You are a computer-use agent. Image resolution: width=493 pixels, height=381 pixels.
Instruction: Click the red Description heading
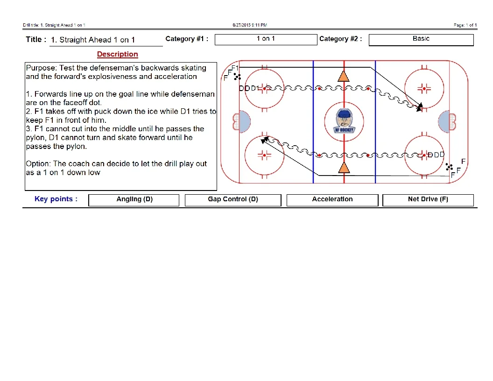coord(118,54)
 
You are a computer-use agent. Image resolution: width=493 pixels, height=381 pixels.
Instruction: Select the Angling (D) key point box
coord(134,200)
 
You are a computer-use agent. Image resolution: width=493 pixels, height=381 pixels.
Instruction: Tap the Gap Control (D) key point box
coord(233,200)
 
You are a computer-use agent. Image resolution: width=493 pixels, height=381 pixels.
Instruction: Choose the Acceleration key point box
coord(332,200)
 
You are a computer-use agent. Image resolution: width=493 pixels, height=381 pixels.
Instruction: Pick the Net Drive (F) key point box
coord(428,200)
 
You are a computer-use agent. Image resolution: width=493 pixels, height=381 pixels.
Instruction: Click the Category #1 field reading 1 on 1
coord(266,39)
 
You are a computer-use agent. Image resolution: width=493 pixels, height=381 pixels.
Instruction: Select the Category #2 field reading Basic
coord(421,39)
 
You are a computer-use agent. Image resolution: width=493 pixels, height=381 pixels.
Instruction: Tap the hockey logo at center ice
coord(344,121)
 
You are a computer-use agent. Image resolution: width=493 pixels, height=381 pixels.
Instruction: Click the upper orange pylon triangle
coord(344,76)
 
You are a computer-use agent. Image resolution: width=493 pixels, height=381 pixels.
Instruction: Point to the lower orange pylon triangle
coord(344,168)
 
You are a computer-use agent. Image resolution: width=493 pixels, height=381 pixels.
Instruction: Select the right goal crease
coord(444,121)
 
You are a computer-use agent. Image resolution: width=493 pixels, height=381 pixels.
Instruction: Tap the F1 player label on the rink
coord(235,68)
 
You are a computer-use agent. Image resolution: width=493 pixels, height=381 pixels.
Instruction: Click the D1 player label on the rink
coord(255,88)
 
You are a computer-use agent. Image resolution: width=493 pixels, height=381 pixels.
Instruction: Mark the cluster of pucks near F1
coord(237,77)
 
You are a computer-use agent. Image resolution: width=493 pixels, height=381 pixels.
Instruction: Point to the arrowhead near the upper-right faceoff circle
coord(420,107)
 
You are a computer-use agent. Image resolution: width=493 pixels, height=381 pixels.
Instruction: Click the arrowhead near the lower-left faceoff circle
coord(265,139)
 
